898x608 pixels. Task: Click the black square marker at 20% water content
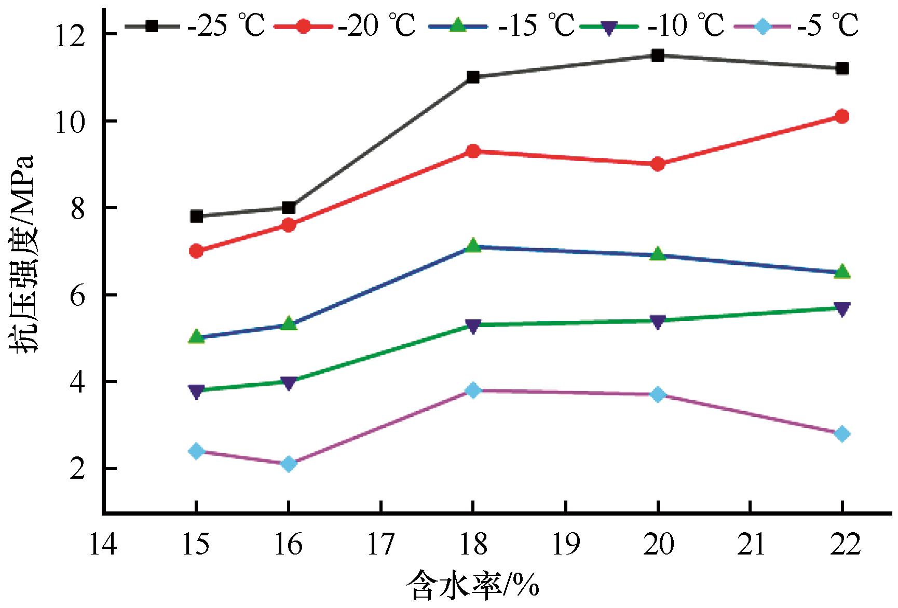click(658, 56)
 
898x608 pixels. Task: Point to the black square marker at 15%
click(196, 217)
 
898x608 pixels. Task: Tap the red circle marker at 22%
click(842, 116)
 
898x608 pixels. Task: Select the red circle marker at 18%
click(473, 152)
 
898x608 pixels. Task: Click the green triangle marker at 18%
click(473, 246)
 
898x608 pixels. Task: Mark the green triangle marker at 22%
click(842, 272)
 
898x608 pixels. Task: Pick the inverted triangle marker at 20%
click(658, 322)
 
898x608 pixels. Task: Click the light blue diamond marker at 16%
click(289, 464)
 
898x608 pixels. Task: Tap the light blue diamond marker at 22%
click(842, 434)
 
